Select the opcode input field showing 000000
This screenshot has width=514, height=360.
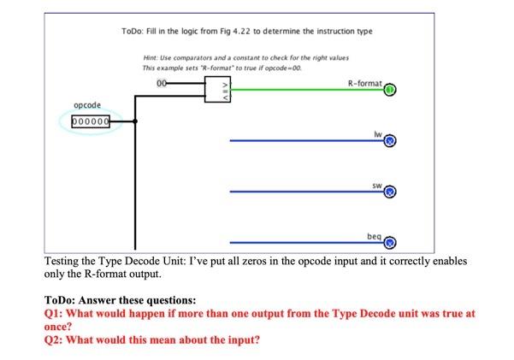[91, 122]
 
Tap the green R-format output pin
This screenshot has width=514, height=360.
[389, 89]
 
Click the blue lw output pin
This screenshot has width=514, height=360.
[389, 141]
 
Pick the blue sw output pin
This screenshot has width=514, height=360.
[389, 192]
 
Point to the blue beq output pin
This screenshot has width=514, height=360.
[389, 242]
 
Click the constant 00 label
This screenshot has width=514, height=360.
[162, 82]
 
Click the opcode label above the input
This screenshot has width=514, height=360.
[87, 105]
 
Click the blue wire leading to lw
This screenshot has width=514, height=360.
[299, 141]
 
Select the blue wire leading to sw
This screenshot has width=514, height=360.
[299, 192]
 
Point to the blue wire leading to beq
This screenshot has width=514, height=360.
[299, 243]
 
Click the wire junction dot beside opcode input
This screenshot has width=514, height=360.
[135, 122]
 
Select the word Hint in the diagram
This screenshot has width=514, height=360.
[151, 56]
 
